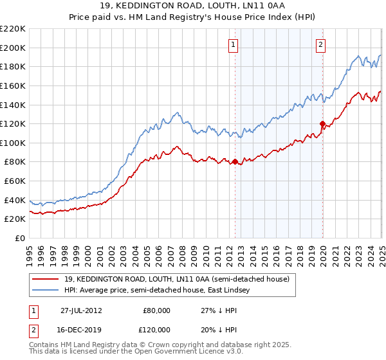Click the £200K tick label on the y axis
pos(13,48)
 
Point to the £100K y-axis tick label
pos(13,143)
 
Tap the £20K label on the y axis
pos(15,219)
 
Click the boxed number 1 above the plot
pos(232,44)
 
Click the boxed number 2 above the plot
pos(320,44)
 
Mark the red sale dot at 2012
pos(235,162)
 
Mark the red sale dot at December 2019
pos(322,123)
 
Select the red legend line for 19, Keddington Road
pos(45,279)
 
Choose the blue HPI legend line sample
pos(45,291)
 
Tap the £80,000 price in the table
pos(156,310)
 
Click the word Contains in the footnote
pos(45,346)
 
